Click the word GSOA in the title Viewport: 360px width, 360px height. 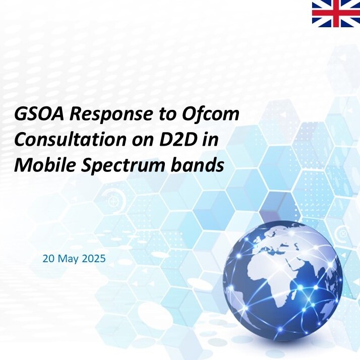[39, 114]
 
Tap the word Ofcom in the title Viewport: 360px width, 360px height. [211, 113]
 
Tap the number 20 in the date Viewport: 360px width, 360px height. [48, 259]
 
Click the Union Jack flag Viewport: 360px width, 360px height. [336, 14]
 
